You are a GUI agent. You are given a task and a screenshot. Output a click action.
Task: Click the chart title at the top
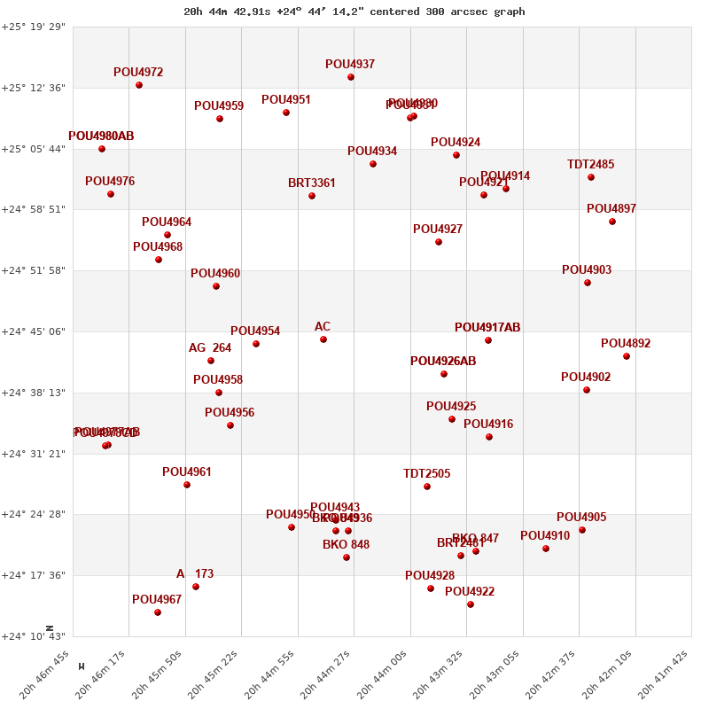pos(354,12)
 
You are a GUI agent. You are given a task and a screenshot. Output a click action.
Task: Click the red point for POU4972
pos(139,85)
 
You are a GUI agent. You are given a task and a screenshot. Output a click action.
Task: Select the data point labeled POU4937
pos(351,77)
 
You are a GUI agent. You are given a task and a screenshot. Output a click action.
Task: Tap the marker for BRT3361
pos(312,196)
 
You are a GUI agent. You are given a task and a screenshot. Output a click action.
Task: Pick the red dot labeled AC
pos(323,339)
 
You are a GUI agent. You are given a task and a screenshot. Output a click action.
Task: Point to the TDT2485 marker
pos(591,177)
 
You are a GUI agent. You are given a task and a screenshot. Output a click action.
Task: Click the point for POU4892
pos(627,356)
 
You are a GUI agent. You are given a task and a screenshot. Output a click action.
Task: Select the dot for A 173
pos(196,587)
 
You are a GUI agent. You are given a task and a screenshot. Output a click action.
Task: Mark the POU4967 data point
pos(158,612)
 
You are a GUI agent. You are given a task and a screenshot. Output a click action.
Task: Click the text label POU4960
pos(215,274)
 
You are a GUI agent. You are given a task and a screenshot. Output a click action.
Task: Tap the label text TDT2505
pos(427,474)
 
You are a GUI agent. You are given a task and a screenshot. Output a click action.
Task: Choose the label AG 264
pos(210,348)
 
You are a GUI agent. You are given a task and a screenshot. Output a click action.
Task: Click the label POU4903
pos(587,270)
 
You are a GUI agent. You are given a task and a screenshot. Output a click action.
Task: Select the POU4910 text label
pos(545,536)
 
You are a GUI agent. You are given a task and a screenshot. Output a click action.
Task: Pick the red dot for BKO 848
pos(347,557)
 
